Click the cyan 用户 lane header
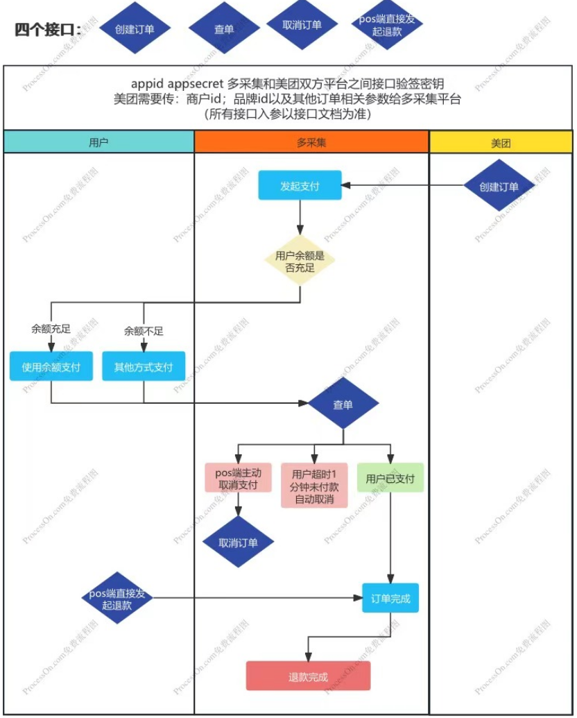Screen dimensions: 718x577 coord(98,142)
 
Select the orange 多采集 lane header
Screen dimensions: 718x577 coord(311,142)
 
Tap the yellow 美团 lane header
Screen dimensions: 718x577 coord(501,142)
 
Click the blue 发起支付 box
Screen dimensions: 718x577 coord(300,186)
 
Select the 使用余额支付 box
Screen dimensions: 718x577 coord(51,366)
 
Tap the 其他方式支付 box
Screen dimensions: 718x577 coord(144,366)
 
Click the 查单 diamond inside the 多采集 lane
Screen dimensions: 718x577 coord(343,404)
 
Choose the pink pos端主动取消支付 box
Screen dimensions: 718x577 coord(238,478)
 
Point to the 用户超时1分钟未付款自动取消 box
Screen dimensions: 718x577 coord(314,485)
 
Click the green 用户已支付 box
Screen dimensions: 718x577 coord(390,478)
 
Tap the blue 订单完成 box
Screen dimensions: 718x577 coord(390,598)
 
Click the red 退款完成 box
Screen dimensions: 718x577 coord(308,676)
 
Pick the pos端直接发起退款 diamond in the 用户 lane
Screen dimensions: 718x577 coord(117,598)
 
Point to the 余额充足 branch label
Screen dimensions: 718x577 coord(51,330)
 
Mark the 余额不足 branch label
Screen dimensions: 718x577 coord(144,331)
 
